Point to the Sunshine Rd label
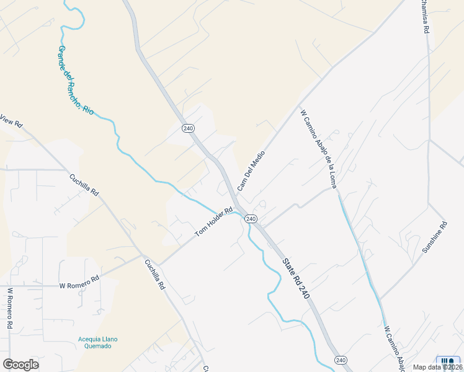434,237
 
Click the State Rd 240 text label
295,278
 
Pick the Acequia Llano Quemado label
98,342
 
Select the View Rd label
11,121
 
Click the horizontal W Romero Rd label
79,283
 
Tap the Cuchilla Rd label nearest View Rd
84,184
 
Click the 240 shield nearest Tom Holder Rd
251,219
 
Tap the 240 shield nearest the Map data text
341,360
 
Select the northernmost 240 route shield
189,128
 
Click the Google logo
20,365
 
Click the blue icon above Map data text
447,360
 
